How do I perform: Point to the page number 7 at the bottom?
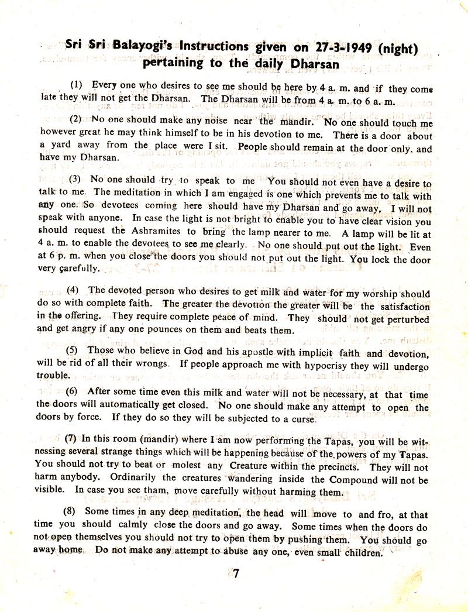click(x=235, y=573)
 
